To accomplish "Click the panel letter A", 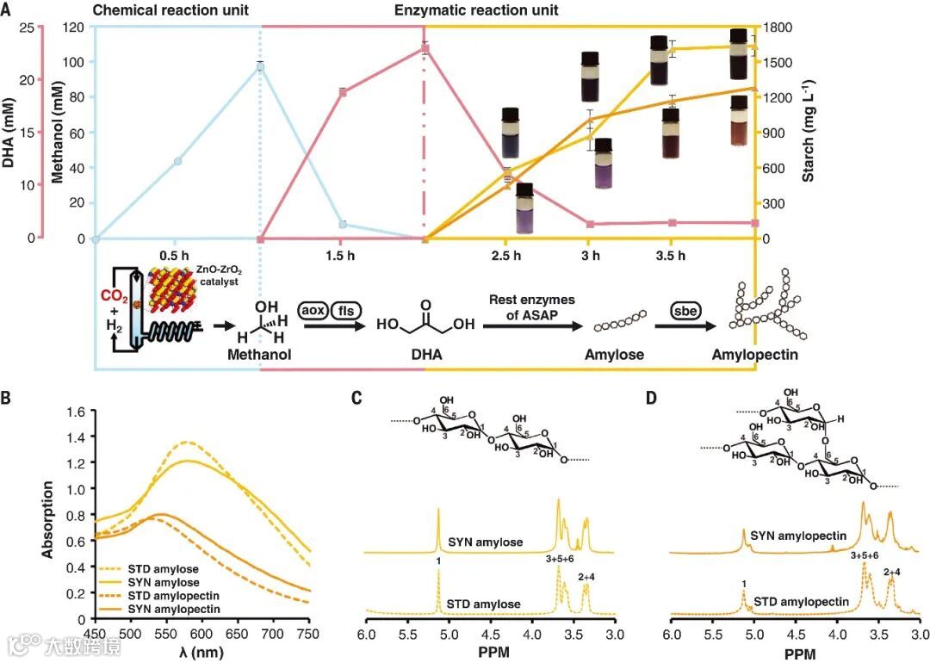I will tap(7, 11).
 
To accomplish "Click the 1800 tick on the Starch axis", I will tap(780, 27).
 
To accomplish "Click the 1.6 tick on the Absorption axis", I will tap(76, 412).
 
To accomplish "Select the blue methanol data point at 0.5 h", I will tap(177, 161).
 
